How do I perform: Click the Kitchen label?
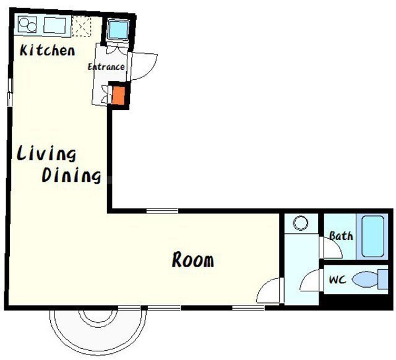[47, 51]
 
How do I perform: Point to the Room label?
[193, 260]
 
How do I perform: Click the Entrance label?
[106, 67]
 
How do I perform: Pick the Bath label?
[341, 236]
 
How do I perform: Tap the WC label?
[337, 280]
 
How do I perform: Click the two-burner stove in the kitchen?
[27, 25]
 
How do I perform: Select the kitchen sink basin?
[55, 25]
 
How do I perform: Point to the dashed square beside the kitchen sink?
[81, 26]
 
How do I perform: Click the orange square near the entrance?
[118, 95]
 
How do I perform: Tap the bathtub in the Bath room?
[372, 236]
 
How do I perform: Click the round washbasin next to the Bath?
[301, 223]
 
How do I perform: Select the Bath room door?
[332, 248]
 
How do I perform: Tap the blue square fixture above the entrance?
[118, 30]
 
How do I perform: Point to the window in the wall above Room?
[162, 210]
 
